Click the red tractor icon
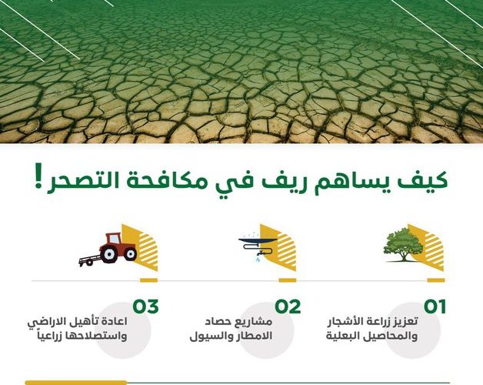coord(108,249)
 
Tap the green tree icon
coord(404,246)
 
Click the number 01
coord(435,306)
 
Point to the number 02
coord(288,306)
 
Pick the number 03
coord(145,306)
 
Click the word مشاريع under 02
coord(255,323)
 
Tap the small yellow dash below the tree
coord(436,280)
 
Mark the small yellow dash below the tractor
coord(148,280)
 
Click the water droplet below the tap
coord(255,260)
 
